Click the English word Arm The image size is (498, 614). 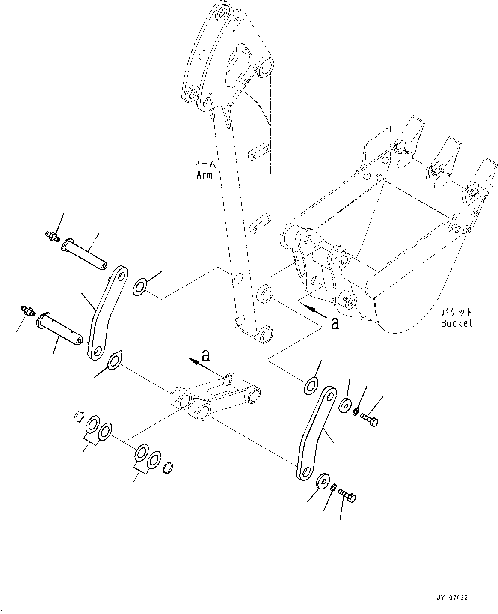204,175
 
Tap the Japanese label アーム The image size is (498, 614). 204,164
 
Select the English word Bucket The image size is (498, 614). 456,323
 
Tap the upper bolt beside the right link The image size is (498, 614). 370,419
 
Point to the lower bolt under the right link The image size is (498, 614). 347,496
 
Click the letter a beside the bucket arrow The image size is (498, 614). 335,323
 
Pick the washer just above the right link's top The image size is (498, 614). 311,384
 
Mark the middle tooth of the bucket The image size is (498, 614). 445,158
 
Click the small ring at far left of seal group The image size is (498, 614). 78,417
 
